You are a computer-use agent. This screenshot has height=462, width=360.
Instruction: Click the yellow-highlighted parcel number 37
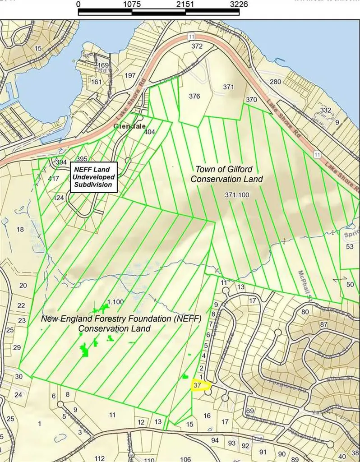click(x=197, y=386)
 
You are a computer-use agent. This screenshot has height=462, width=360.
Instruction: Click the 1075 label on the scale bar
click(x=132, y=4)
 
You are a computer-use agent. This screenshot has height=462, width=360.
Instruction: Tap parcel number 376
click(x=194, y=96)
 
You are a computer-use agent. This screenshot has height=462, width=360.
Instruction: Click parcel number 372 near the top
click(x=197, y=46)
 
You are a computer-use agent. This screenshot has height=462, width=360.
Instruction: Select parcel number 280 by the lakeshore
click(x=275, y=82)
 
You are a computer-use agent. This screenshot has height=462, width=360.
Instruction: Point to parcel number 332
click(x=325, y=111)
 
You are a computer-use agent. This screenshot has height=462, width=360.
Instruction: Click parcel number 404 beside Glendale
click(x=150, y=132)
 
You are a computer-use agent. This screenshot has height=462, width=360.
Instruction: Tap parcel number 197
click(x=130, y=75)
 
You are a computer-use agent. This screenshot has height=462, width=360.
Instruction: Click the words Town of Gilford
click(x=224, y=169)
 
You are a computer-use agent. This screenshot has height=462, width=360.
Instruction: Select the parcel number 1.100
click(x=115, y=301)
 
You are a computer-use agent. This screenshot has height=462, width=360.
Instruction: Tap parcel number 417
click(x=54, y=179)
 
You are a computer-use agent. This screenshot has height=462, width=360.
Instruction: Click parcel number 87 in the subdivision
click(x=323, y=324)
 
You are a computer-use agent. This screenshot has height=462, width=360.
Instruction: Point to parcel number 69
click(x=250, y=411)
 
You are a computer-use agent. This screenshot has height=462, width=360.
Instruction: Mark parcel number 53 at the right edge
click(x=350, y=247)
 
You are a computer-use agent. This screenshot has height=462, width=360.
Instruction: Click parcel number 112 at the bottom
click(x=100, y=458)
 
